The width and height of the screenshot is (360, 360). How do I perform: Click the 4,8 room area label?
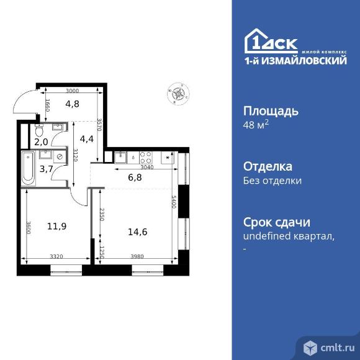(x=72, y=104)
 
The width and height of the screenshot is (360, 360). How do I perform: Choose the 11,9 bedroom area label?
(x=56, y=227)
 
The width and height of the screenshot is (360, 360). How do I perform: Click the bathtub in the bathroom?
(x=27, y=168)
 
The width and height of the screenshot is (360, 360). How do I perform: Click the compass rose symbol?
(x=178, y=94)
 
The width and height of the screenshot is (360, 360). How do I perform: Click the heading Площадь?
(x=271, y=112)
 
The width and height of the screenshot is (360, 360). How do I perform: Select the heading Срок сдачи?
(x=276, y=222)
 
